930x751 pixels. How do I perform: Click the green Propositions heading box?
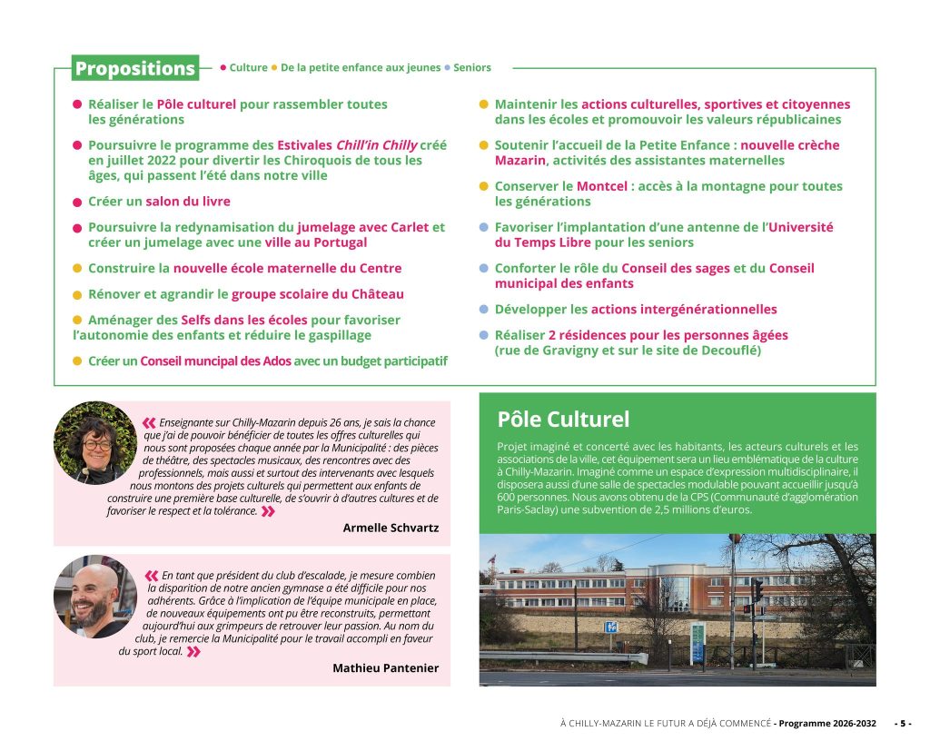[x=135, y=68]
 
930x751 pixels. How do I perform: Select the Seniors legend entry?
[x=471, y=67]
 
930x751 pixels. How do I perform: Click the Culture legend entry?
[x=248, y=67]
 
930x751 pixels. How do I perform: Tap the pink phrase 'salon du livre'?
[x=188, y=201]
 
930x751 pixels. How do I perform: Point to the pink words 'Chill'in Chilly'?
[x=376, y=144]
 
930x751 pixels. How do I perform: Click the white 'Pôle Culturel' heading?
[x=563, y=419]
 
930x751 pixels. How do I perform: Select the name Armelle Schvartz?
[x=391, y=528]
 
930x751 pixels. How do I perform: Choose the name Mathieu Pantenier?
[x=385, y=667]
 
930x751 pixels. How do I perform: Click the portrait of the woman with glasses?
[x=94, y=443]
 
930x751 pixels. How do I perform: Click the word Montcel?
[x=602, y=186]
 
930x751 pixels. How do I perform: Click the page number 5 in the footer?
[x=904, y=723]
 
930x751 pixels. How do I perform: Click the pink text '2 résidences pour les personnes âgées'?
[x=668, y=334]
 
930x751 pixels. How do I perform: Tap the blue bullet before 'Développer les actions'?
[x=484, y=309]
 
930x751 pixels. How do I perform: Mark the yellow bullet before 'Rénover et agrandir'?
[x=77, y=294]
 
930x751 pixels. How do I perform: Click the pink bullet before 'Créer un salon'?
[x=77, y=201]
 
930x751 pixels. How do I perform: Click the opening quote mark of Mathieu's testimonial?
[x=151, y=575]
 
